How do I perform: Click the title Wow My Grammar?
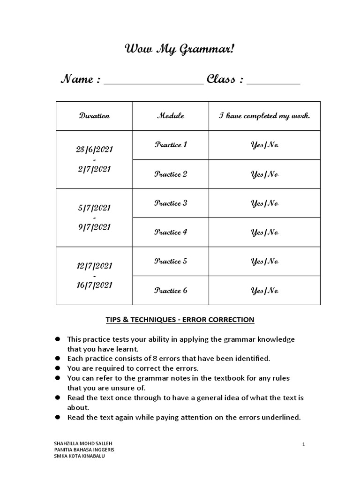coord(180,50)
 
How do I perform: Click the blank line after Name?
coord(153,82)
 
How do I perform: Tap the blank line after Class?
coord(273,82)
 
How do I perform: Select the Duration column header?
coord(94,116)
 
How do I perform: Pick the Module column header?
coord(171,116)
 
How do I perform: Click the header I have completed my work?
coord(264,116)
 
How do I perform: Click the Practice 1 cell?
coord(171,145)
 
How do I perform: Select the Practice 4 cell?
coord(171,232)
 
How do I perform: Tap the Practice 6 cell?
coord(171,291)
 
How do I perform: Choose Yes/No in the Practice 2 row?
coord(264,174)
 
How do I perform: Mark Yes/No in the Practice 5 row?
coord(264,262)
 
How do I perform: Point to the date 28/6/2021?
coord(94,150)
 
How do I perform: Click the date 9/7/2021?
coord(94,227)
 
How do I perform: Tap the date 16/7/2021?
coord(94,285)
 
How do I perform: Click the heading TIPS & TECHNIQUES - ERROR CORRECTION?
coord(180,320)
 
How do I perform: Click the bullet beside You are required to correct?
coord(58,368)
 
